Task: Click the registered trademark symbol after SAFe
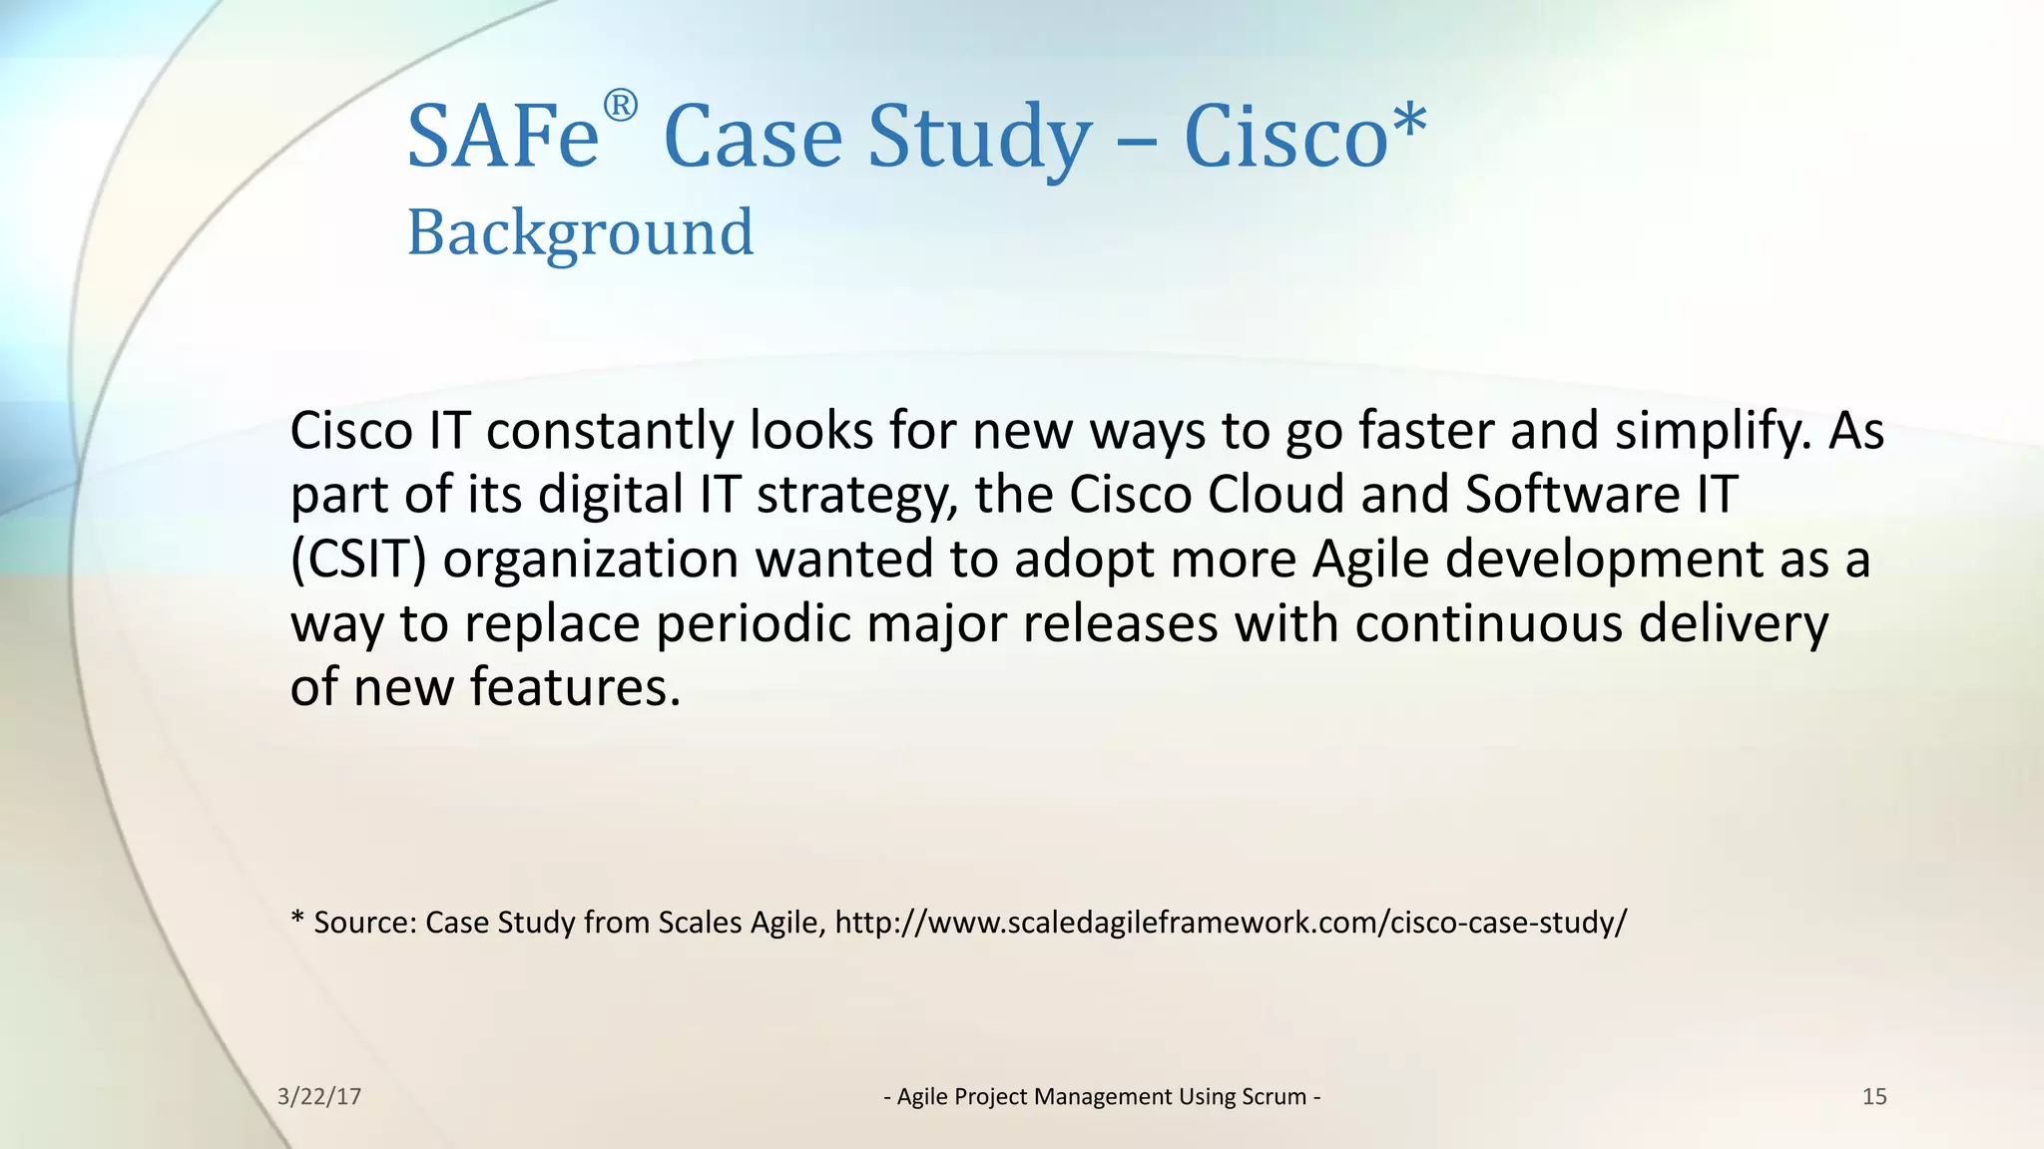tap(620, 106)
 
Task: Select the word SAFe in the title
tap(503, 137)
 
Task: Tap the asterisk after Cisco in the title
tap(1409, 124)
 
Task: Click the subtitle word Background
tap(580, 232)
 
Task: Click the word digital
tap(610, 495)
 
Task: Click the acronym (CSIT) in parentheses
tap(358, 560)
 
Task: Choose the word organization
tap(590, 560)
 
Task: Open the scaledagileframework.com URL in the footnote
tap(1231, 922)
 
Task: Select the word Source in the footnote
tap(364, 922)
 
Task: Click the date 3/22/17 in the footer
tap(319, 1097)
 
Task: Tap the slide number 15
tap(1874, 1097)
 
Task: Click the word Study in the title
tap(979, 137)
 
